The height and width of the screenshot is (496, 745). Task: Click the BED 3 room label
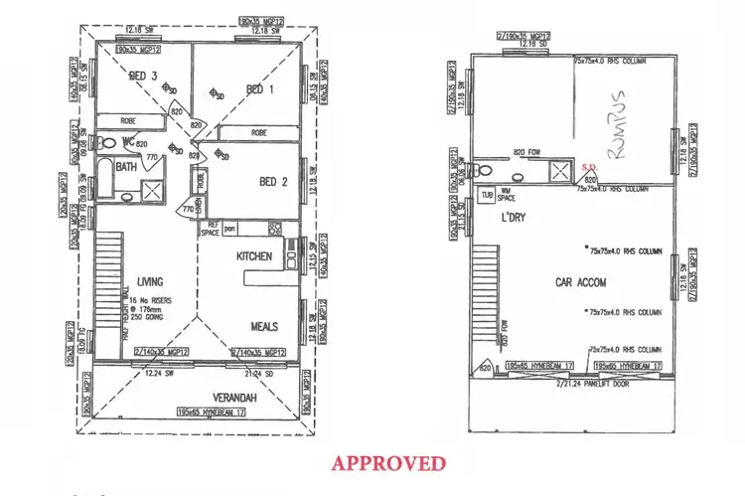[145, 77]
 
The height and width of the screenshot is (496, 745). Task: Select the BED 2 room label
[272, 181]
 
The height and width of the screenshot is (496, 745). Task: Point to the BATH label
[126, 167]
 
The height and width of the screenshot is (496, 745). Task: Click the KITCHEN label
[254, 256]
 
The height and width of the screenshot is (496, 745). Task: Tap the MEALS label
[265, 325]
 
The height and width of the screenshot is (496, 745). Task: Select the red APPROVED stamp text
[388, 462]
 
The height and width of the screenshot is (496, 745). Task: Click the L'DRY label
[513, 217]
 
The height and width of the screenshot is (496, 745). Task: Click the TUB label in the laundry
[487, 194]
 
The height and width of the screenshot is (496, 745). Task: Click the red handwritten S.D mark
[588, 168]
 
